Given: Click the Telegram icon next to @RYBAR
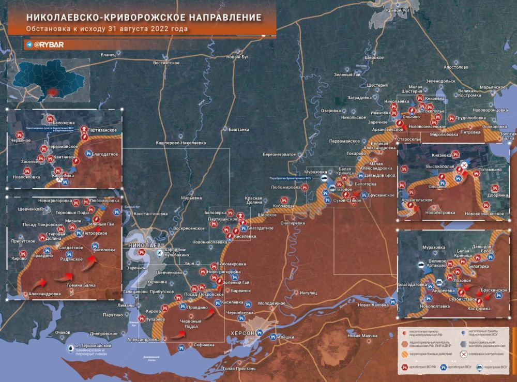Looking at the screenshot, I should click(29, 45).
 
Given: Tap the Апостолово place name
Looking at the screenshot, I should click(455, 67).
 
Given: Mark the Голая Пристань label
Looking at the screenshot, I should click(238, 369).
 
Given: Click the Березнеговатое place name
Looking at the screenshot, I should click(279, 154).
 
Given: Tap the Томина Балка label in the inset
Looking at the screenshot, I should click(81, 285).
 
